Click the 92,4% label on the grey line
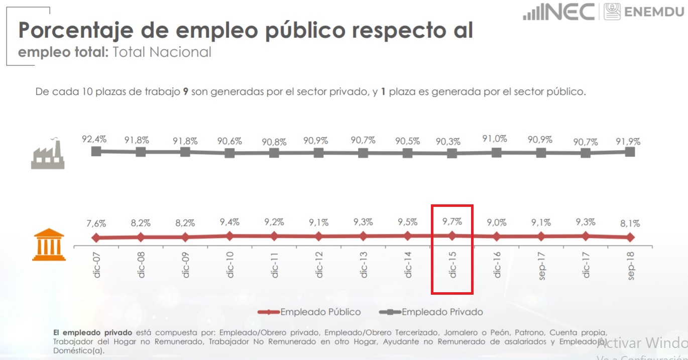[x=94, y=140]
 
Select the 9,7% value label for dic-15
[x=451, y=220]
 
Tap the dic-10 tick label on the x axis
[x=230, y=265]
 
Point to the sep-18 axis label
[x=631, y=265]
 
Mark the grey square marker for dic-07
[x=96, y=151]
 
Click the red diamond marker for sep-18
[x=631, y=237]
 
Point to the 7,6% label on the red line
[x=95, y=223]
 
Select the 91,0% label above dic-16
[x=495, y=139]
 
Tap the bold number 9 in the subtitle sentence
[x=186, y=92]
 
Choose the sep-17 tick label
[x=541, y=265]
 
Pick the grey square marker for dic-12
[x=318, y=153]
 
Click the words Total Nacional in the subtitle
[x=162, y=52]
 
